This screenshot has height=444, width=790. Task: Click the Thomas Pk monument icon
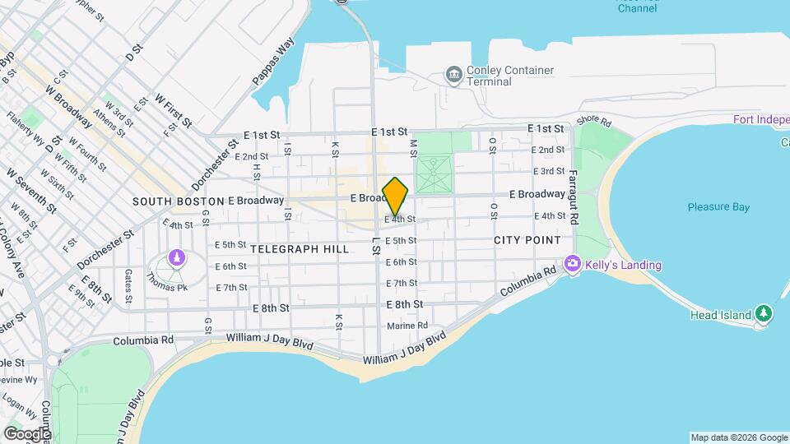point(176,259)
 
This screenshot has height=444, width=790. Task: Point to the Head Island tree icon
point(764,313)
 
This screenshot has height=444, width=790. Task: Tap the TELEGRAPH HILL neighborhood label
point(300,248)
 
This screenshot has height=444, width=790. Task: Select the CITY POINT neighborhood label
point(527,240)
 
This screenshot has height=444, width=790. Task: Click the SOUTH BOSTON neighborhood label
point(178,201)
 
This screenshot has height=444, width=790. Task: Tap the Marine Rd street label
point(407,326)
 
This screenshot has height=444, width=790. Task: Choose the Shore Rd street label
point(593,121)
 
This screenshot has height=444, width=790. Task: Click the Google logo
point(26,433)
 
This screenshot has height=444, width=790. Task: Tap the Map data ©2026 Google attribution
point(738,437)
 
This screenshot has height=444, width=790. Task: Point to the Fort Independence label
point(760,120)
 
